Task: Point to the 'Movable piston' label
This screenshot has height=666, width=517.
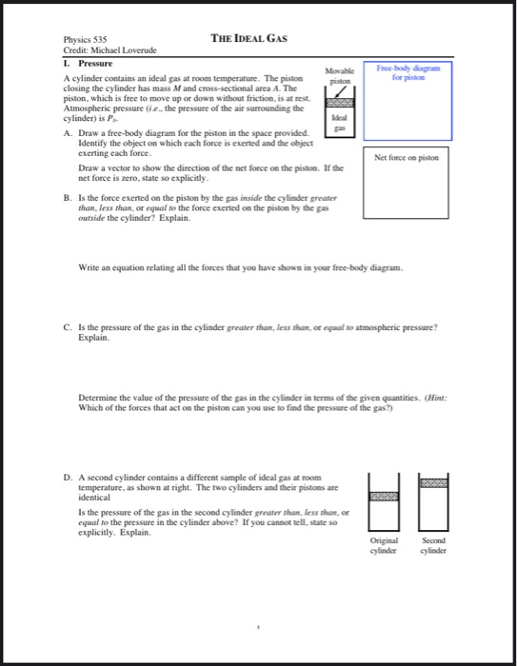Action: click(x=340, y=75)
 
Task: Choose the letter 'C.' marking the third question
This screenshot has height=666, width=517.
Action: click(x=66, y=326)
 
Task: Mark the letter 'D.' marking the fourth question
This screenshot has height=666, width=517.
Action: click(x=66, y=474)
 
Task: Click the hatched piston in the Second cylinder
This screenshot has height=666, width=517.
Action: click(x=432, y=483)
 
